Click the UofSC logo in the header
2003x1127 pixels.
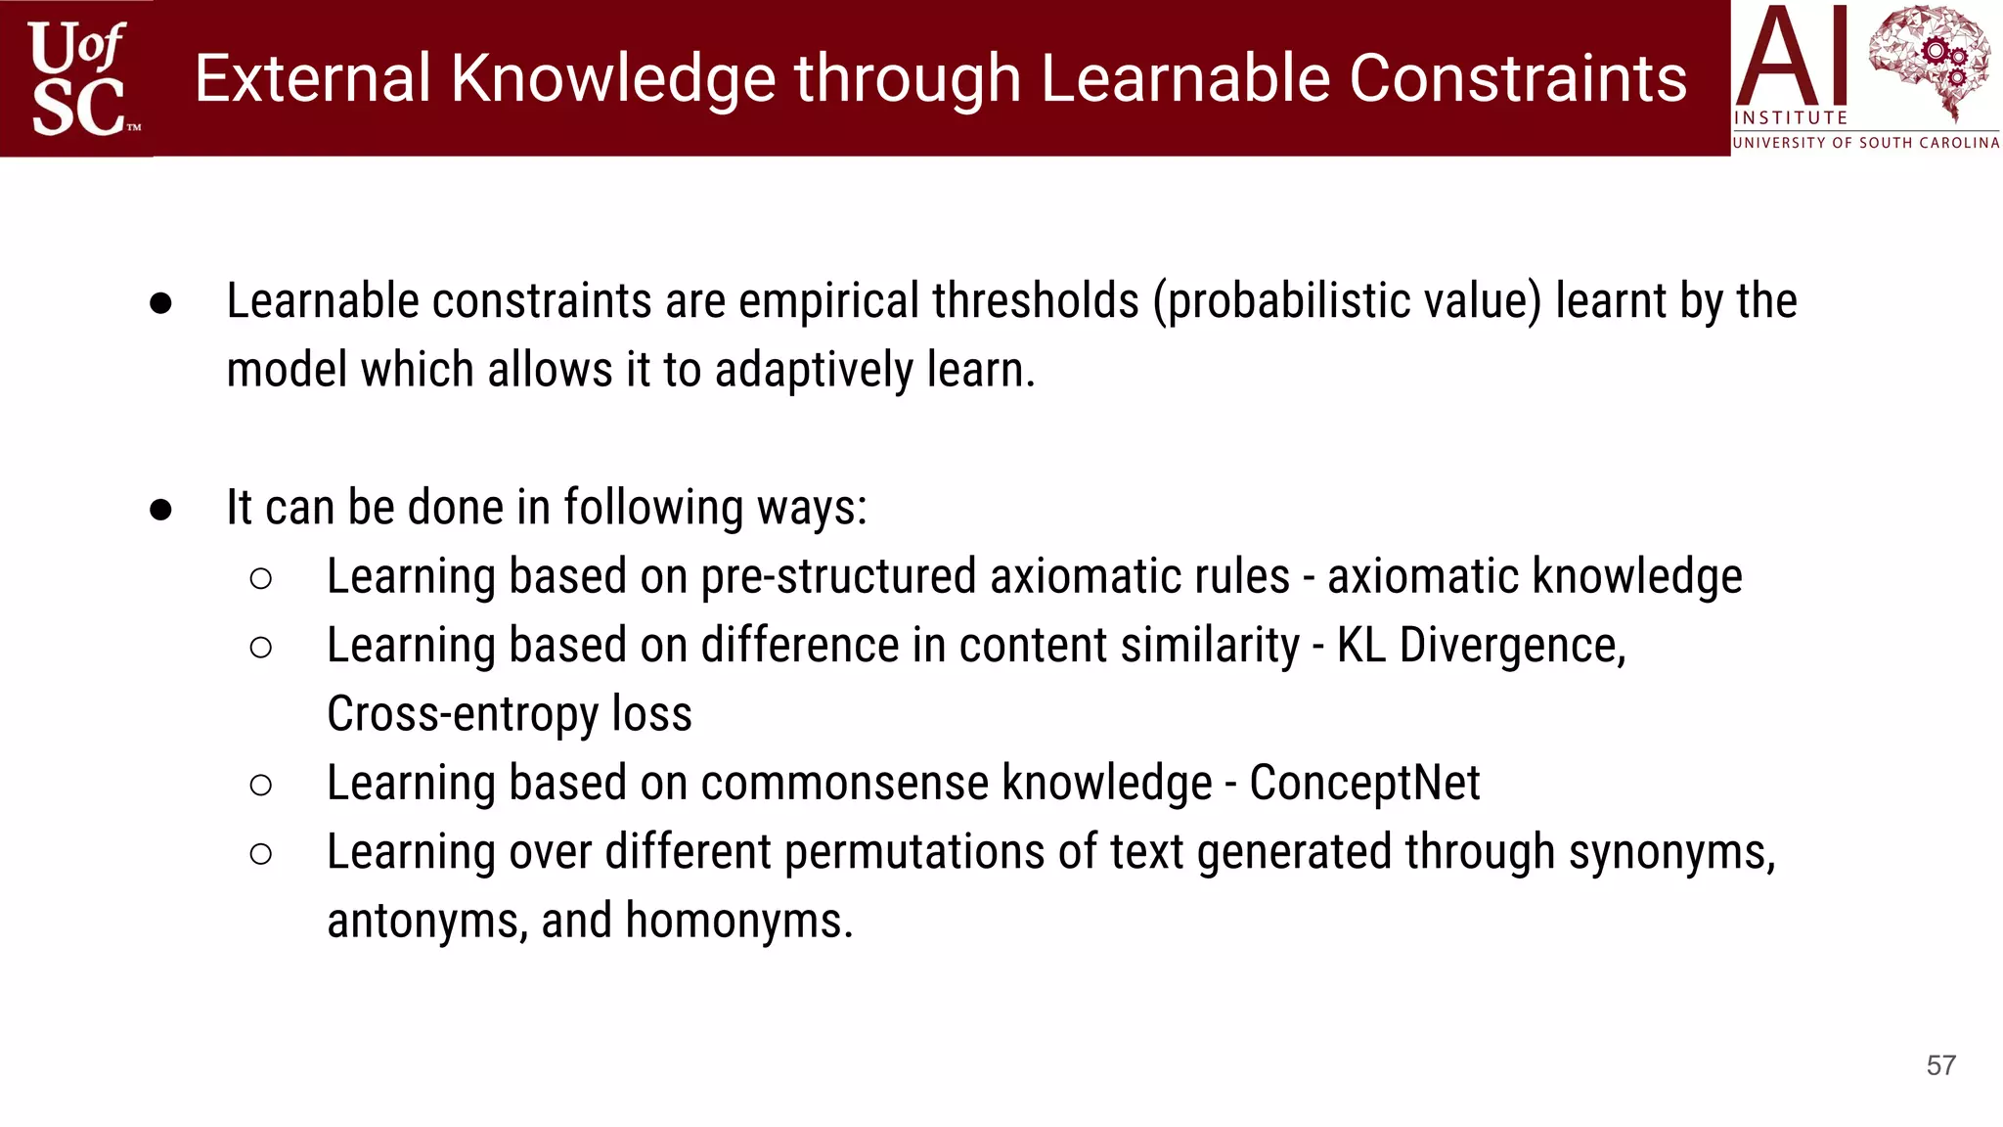point(78,78)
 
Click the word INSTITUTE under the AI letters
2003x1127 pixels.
point(1790,117)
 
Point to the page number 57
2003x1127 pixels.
point(1940,1065)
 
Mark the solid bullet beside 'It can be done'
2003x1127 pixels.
point(161,509)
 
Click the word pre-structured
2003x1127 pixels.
point(839,576)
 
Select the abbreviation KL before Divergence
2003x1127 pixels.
point(1360,646)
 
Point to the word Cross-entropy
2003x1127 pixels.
point(462,714)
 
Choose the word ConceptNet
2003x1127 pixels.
point(1364,783)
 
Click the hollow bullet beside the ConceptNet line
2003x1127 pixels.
point(260,785)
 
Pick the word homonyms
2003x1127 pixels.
point(738,922)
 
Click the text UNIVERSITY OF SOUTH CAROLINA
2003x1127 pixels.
point(1865,143)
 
